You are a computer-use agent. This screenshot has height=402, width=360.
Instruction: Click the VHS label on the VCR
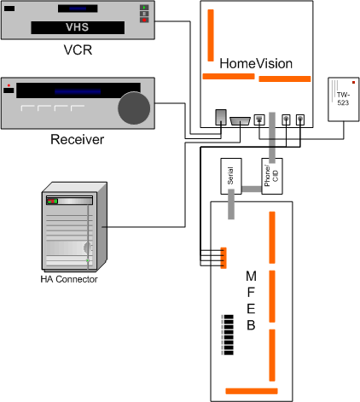pos(78,27)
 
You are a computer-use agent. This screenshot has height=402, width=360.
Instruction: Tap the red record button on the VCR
pos(144,20)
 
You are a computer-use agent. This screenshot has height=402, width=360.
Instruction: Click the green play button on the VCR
pos(144,8)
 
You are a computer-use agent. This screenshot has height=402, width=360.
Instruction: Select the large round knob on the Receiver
pos(134,108)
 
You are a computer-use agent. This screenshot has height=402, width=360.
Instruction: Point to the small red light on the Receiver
pos(9,85)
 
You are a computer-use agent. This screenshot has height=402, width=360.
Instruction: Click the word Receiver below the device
pos(77,139)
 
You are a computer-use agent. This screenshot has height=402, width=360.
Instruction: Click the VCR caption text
pos(78,50)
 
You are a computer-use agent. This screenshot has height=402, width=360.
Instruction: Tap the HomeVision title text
pos(256,63)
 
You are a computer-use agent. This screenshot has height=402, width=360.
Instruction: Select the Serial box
pos(231,177)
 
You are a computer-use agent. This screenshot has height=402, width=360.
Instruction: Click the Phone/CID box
pos(272,177)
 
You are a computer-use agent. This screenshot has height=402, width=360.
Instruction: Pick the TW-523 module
pos(344,100)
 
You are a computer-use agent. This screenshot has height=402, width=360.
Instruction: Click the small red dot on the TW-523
pos(353,83)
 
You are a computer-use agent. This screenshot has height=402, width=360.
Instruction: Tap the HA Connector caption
pos(69,279)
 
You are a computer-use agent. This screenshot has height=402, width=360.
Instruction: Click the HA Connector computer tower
pos(74,226)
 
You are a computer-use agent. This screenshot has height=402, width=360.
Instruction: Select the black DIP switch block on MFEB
pos(228,335)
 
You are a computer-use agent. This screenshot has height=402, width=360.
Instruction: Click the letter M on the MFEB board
pos(251,276)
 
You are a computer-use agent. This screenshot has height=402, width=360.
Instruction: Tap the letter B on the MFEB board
pos(251,325)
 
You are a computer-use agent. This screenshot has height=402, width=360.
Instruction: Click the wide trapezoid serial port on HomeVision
pos(240,121)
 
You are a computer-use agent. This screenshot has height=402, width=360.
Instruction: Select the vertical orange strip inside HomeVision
pos(211,35)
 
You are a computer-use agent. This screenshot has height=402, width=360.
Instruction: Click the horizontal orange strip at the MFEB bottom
pos(252,391)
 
